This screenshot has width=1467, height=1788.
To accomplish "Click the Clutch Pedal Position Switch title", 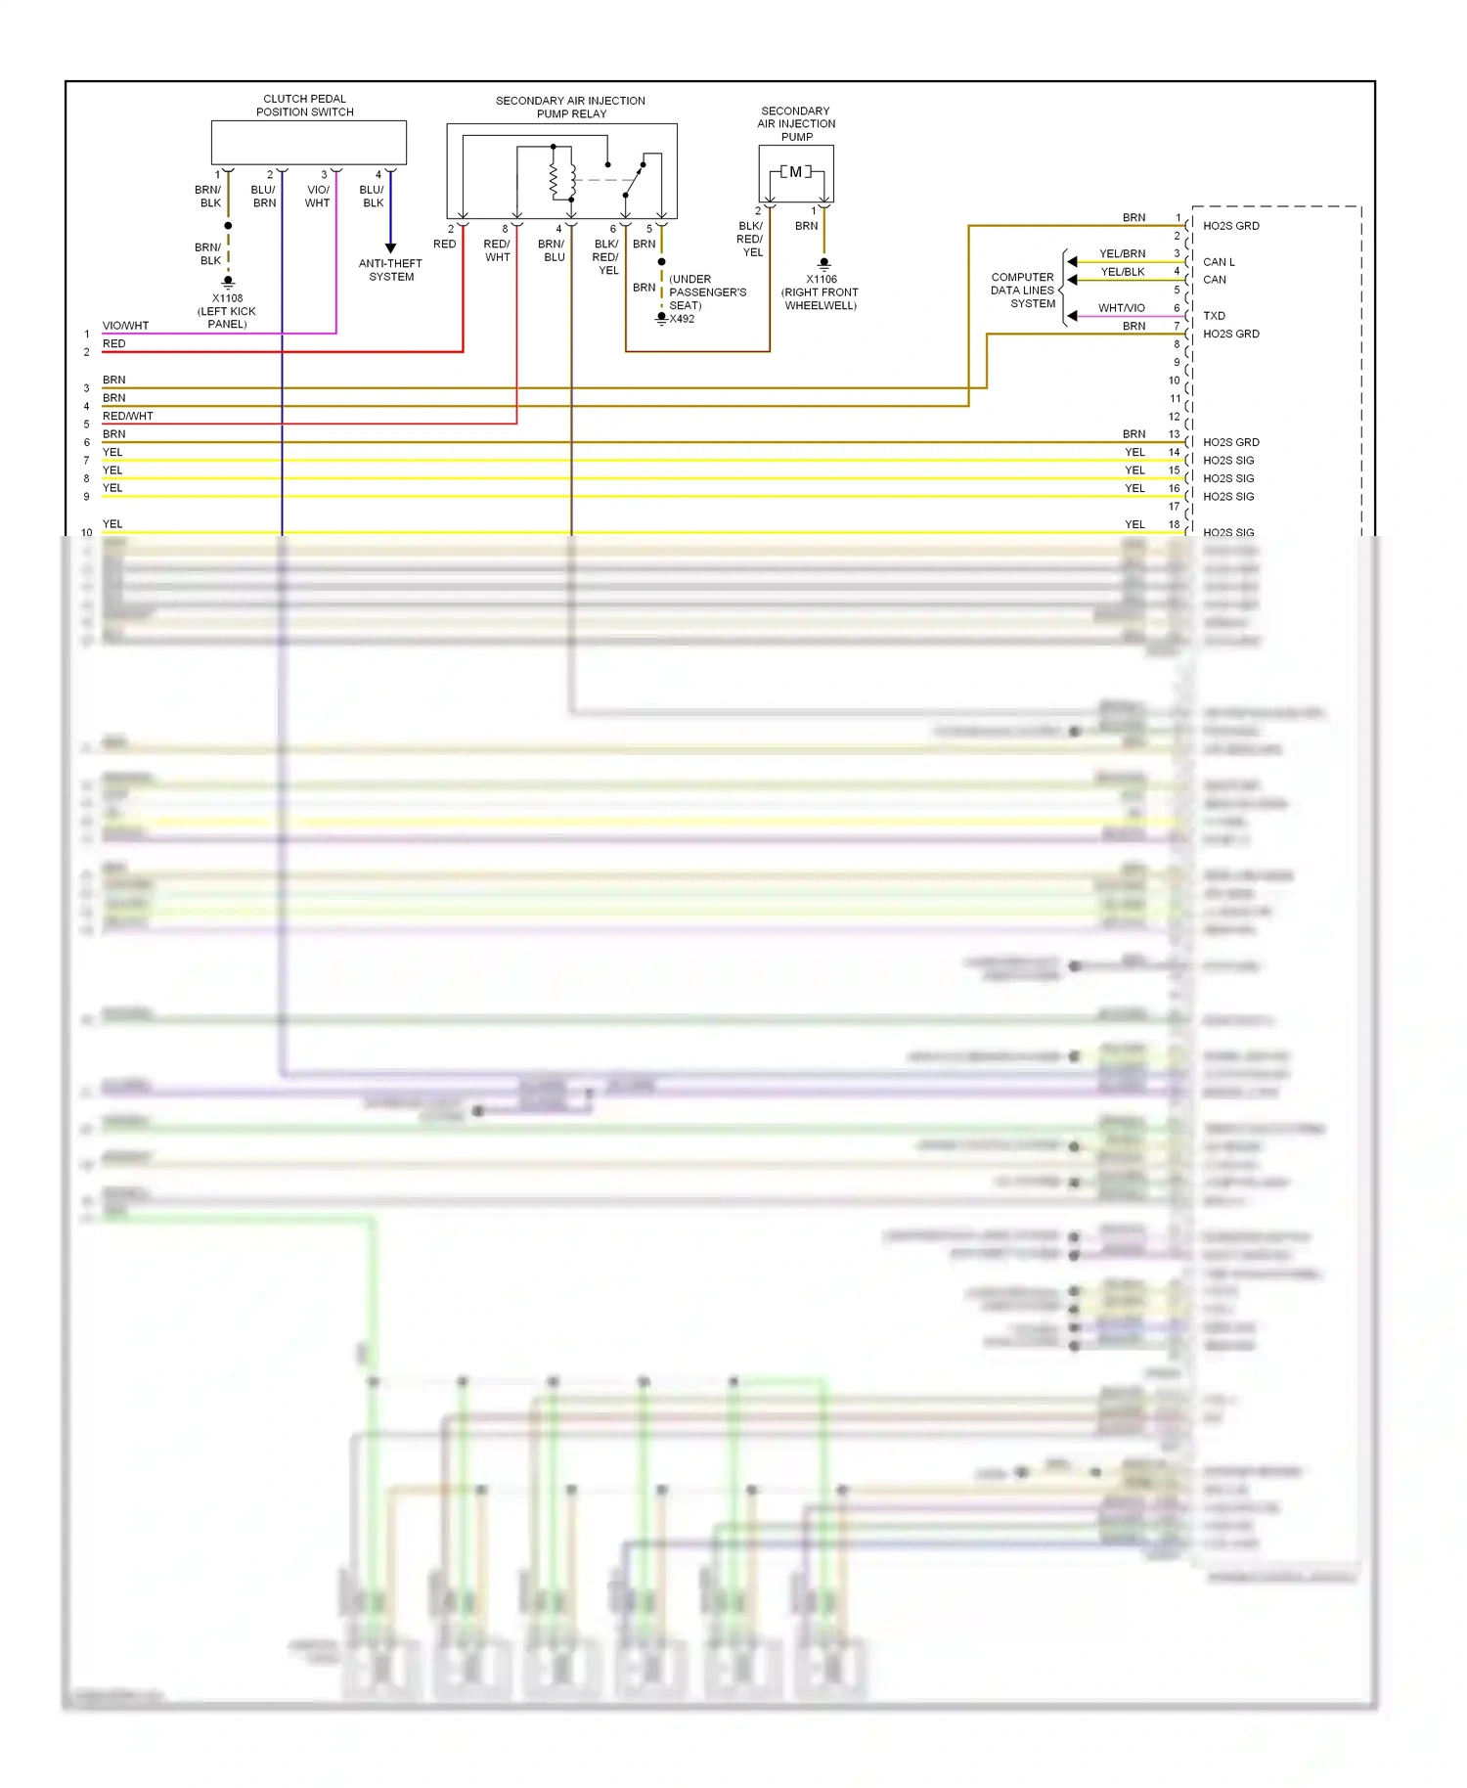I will (x=304, y=106).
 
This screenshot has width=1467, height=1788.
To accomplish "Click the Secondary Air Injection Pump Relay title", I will (x=570, y=108).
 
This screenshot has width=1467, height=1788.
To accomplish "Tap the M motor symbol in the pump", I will (x=795, y=172).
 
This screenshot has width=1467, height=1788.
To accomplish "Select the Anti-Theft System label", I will (x=390, y=270).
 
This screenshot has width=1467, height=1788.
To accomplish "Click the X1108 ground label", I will (x=227, y=298).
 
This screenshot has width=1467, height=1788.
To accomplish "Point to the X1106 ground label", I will (x=821, y=279).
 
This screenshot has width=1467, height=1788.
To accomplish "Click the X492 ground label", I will (x=682, y=319).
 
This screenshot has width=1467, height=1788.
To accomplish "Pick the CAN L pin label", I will (x=1219, y=262).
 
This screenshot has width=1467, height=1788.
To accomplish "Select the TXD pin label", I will (x=1214, y=316).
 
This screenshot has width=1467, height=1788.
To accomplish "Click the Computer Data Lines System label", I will (x=1022, y=291).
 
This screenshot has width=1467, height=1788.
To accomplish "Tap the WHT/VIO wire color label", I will (x=1121, y=308).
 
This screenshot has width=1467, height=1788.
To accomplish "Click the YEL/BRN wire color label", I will (x=1122, y=254).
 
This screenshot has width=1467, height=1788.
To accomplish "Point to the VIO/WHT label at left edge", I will (x=125, y=326).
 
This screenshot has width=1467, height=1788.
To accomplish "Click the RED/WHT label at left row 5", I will (x=127, y=416).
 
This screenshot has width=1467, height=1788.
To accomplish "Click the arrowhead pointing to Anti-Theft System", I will (x=390, y=248).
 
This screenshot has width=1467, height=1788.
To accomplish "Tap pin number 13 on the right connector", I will (x=1174, y=434).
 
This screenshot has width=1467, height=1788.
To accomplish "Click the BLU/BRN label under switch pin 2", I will (x=264, y=197).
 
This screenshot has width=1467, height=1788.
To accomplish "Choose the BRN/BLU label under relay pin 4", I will (x=552, y=250).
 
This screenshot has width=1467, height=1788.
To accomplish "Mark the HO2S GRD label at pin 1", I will (x=1230, y=226).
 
